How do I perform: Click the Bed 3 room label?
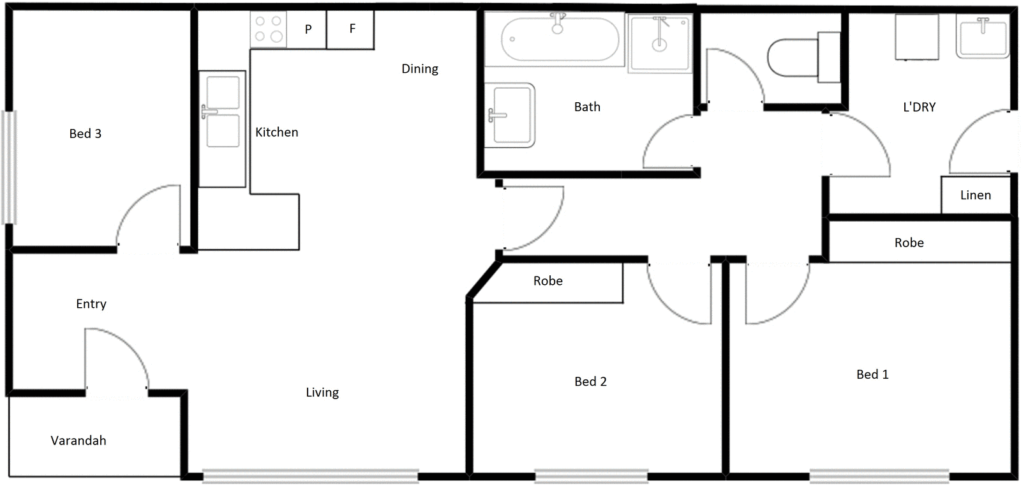[85, 133]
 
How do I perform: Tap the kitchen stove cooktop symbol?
[268, 29]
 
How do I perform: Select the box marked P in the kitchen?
[308, 29]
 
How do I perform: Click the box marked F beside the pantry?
[351, 29]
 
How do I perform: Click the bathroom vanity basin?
[510, 115]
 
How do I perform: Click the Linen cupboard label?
[975, 195]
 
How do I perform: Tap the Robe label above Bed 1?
[909, 243]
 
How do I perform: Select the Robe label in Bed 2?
[548, 281]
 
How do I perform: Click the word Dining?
[419, 69]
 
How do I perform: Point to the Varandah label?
[78, 441]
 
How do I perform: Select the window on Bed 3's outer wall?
[9, 167]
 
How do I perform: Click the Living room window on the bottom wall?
[310, 476]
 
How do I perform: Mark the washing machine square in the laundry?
[917, 37]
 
